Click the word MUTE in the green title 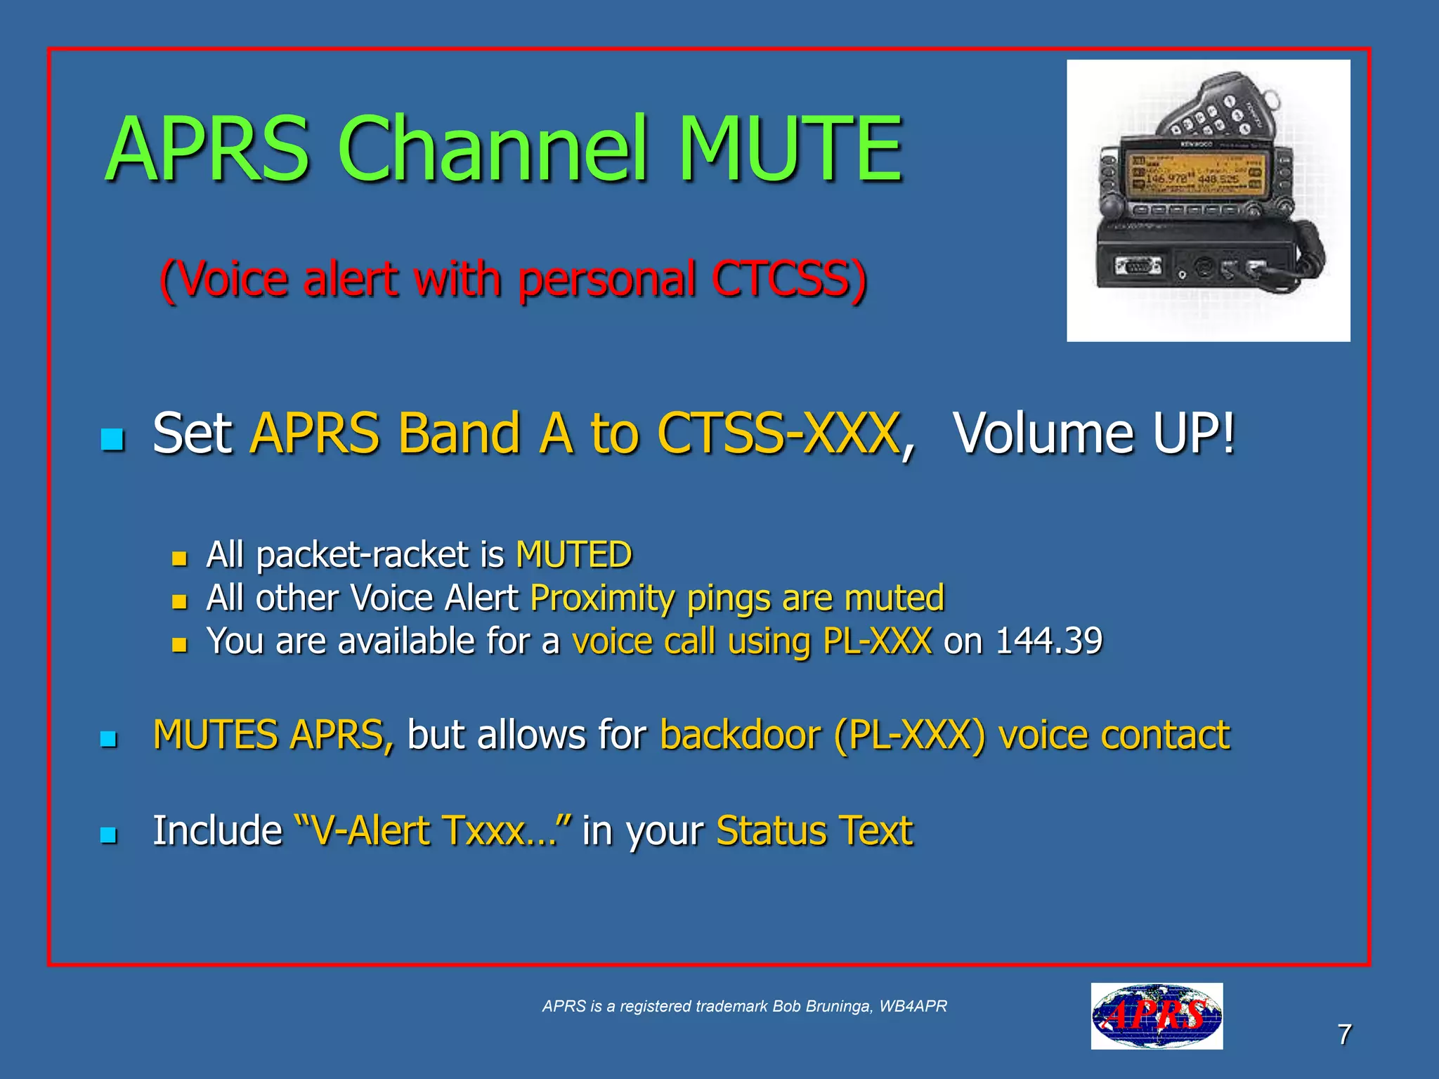click(x=790, y=149)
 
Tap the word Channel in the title click(x=492, y=149)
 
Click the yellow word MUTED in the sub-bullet click(x=573, y=554)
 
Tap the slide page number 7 click(x=1343, y=1034)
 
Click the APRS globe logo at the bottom click(x=1156, y=1016)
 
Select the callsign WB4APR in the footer click(x=913, y=1006)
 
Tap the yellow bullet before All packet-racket click(x=180, y=558)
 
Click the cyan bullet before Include click(x=108, y=835)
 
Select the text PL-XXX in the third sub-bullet click(x=877, y=641)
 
